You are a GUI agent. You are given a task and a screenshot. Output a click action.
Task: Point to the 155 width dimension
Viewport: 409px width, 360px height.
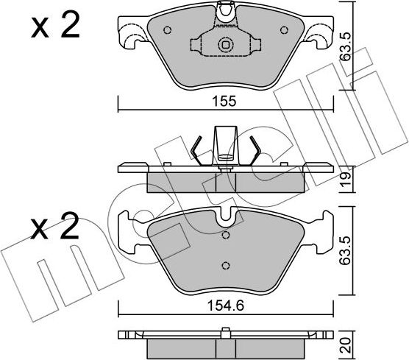pos(227,102)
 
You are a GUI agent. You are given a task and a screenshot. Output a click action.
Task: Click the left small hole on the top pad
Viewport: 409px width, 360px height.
pos(168,30)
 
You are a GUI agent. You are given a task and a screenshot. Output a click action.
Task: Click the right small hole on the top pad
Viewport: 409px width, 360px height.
pos(285,30)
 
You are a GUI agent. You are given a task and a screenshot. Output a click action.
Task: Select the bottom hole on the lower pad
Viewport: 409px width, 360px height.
pos(227,265)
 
